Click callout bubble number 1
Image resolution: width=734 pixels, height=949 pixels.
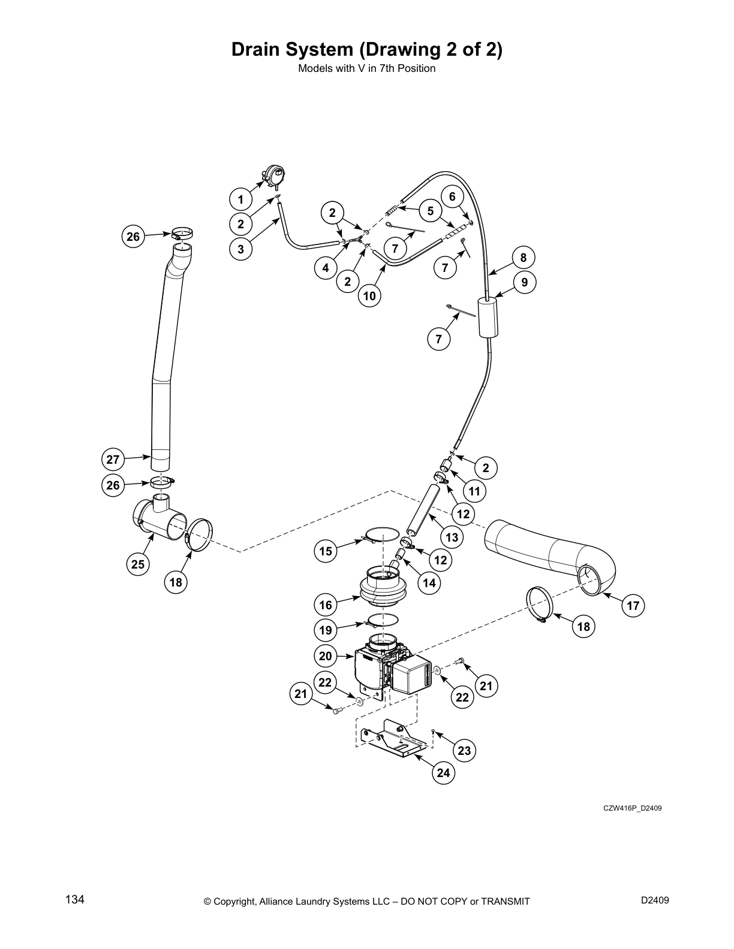click(x=240, y=200)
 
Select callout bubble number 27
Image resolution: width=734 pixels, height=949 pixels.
click(x=113, y=460)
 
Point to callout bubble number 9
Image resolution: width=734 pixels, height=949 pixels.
click(x=524, y=282)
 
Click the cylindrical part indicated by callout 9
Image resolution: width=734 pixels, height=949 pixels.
click(x=489, y=318)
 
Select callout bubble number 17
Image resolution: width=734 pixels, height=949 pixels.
click(x=633, y=606)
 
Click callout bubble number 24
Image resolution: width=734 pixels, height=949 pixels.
click(x=443, y=773)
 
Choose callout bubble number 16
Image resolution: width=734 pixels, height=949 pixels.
click(x=326, y=605)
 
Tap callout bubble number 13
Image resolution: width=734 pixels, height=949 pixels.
click(x=452, y=537)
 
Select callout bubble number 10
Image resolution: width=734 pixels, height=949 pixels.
click(x=369, y=295)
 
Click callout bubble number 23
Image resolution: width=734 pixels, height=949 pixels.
click(x=464, y=751)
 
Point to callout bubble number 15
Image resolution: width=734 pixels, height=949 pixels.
click(x=326, y=551)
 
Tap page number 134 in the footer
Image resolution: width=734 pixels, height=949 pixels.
click(x=74, y=899)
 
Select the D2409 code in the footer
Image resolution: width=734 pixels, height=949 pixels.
click(x=655, y=900)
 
